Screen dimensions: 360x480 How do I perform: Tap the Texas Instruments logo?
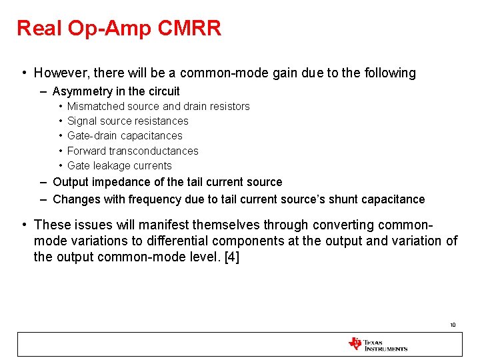(x=377, y=345)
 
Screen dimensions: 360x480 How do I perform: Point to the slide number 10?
(x=453, y=325)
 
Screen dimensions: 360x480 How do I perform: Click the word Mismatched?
(x=94, y=106)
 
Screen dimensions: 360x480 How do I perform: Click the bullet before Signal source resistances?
(x=61, y=121)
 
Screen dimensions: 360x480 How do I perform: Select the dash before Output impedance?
(x=43, y=182)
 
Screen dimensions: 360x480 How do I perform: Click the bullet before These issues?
(x=24, y=225)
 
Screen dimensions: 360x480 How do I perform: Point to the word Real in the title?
(x=39, y=28)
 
